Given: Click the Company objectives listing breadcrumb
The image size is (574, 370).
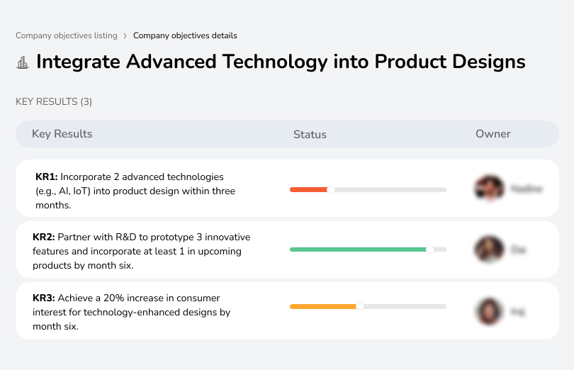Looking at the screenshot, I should pyautogui.click(x=67, y=35).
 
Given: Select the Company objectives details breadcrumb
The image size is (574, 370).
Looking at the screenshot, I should pyautogui.click(x=185, y=35).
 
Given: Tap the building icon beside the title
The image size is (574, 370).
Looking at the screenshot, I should pyautogui.click(x=23, y=62).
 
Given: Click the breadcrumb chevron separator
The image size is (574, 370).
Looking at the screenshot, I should pyautogui.click(x=125, y=35).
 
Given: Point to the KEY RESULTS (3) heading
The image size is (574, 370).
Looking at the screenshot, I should pyautogui.click(x=54, y=101).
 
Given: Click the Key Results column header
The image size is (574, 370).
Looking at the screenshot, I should pyautogui.click(x=62, y=134).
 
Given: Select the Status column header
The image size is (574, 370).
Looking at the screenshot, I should pyautogui.click(x=310, y=135).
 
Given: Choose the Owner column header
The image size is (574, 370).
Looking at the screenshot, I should pyautogui.click(x=493, y=134).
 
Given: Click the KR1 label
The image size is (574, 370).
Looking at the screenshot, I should pyautogui.click(x=47, y=176).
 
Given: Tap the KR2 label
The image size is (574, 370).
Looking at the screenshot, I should pyautogui.click(x=44, y=237).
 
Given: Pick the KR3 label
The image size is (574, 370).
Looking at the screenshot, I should pyautogui.click(x=44, y=298).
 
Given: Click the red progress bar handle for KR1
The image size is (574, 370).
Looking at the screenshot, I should pyautogui.click(x=330, y=189).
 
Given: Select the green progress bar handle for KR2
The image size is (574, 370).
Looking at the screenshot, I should pyautogui.click(x=429, y=250).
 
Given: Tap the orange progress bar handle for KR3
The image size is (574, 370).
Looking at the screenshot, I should pyautogui.click(x=360, y=306).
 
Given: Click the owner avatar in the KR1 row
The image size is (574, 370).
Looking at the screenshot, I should pyautogui.click(x=489, y=189).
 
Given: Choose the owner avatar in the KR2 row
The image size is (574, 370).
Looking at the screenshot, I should pyautogui.click(x=489, y=250).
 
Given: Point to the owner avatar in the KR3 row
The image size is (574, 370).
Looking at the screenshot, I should pyautogui.click(x=489, y=310).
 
